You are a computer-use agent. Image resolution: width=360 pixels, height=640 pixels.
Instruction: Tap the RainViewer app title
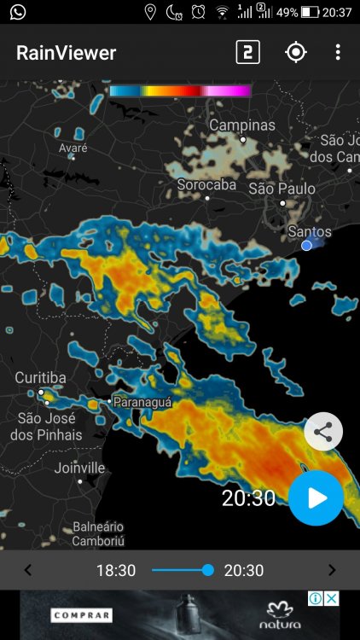click(66, 53)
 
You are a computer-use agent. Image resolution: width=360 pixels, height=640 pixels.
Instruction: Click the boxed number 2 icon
click(247, 53)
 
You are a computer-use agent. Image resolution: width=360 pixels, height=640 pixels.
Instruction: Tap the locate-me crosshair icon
click(295, 53)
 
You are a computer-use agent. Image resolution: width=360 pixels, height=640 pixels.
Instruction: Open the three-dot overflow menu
click(338, 53)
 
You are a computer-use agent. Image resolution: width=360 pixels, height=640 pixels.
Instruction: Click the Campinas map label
click(242, 125)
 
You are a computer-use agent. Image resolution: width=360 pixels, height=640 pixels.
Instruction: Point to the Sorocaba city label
click(206, 184)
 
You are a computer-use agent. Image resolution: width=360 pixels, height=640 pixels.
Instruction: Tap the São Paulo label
click(282, 189)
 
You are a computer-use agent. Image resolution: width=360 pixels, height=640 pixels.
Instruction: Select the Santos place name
click(310, 231)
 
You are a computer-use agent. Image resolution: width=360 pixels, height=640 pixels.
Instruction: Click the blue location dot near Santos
click(307, 246)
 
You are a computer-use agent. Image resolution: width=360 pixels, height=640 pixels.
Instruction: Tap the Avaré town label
click(73, 148)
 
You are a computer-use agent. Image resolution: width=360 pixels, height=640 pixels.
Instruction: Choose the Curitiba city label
click(40, 378)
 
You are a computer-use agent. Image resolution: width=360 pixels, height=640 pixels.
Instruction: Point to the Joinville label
click(79, 468)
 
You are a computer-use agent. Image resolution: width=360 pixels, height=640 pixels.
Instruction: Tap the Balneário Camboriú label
click(98, 534)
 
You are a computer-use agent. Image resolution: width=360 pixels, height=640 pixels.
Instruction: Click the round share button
click(323, 432)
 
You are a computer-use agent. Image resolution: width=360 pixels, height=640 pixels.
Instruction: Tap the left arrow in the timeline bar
click(27, 570)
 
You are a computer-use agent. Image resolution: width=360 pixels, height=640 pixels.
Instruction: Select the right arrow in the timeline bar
click(332, 570)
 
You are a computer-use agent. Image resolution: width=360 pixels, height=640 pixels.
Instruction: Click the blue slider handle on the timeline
click(207, 570)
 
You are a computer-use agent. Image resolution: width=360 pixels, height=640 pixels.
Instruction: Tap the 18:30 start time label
click(116, 570)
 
